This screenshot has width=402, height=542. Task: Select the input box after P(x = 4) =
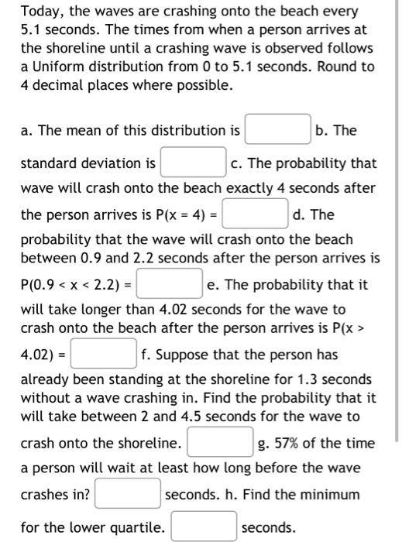tap(256, 214)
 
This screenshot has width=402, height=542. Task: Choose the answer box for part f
tap(220, 444)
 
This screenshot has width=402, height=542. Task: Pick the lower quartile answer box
tap(204, 528)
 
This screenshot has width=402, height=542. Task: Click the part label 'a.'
tap(29, 131)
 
